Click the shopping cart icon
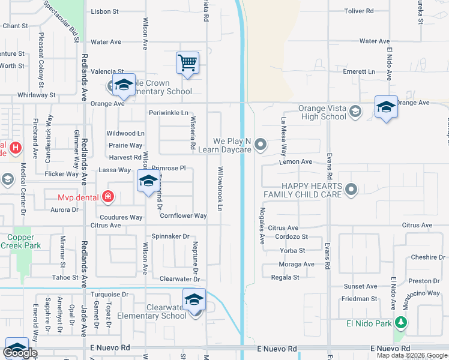(187, 62)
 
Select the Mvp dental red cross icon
(107, 196)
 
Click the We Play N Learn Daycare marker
(261, 144)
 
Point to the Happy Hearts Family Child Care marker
(352, 190)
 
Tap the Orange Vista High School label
(322, 113)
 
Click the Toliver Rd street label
(359, 11)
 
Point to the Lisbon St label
(104, 11)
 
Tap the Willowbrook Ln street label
(220, 188)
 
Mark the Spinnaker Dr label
(170, 236)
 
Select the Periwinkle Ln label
(168, 113)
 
